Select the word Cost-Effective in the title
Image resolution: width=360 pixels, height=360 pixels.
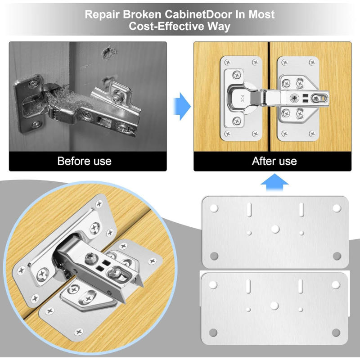(167, 26)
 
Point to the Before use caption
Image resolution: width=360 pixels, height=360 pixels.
(84, 161)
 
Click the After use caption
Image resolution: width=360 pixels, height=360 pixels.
(274, 161)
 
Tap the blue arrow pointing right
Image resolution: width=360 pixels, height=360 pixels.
(181, 107)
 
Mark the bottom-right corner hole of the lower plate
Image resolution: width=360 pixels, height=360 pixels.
(337, 333)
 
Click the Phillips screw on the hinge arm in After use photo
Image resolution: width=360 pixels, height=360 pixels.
(295, 96)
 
